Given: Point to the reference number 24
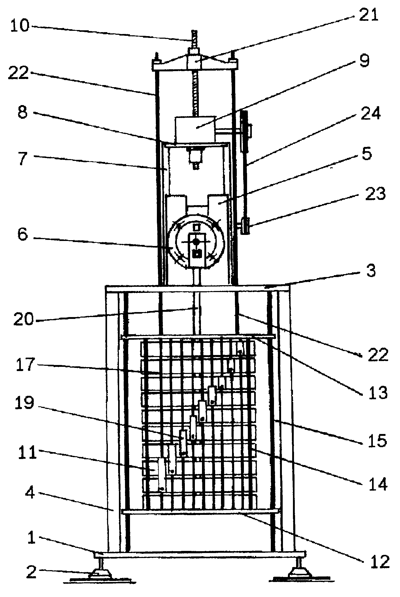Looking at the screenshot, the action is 370,114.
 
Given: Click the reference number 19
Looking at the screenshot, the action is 24,403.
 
